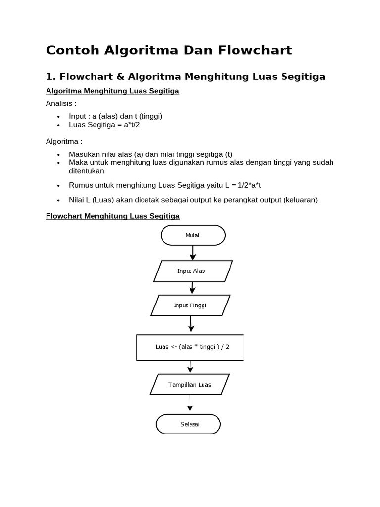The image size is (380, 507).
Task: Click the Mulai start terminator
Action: pyautogui.click(x=193, y=235)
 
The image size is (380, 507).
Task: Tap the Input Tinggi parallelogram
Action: pyautogui.click(x=190, y=305)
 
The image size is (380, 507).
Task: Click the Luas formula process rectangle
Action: pyautogui.click(x=190, y=347)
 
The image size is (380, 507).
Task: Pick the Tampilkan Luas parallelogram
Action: pyautogui.click(x=190, y=385)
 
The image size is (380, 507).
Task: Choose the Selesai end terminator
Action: pyautogui.click(x=188, y=424)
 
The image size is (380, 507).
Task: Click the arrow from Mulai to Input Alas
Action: pyautogui.click(x=193, y=253)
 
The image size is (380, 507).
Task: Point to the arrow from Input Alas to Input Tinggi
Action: pyautogui.click(x=192, y=288)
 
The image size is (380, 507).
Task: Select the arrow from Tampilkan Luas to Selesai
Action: pyautogui.click(x=189, y=405)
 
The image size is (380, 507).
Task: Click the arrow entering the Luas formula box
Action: pyautogui.click(x=191, y=325)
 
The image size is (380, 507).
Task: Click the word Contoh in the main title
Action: pyautogui.click(x=71, y=50)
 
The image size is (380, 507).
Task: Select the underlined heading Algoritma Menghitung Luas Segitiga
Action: pyautogui.click(x=112, y=91)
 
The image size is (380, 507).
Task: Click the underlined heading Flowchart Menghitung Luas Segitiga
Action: pyautogui.click(x=112, y=216)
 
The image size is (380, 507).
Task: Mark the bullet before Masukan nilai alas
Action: pyautogui.click(x=58, y=155)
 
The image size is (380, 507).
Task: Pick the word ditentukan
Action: pyautogui.click(x=87, y=171)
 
